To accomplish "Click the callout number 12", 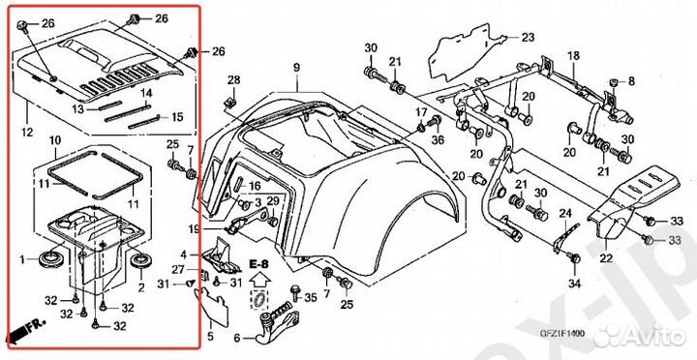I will tap(26, 131).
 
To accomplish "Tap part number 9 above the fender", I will tap(298, 66).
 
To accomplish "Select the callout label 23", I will tap(527, 38).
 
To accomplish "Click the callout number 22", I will tap(605, 258).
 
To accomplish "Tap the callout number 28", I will tap(233, 78).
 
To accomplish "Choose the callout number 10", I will tap(56, 140).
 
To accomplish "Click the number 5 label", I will tap(207, 337).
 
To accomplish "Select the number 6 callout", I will tap(236, 338).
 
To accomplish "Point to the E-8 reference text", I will tap(258, 263).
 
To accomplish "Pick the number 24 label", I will tap(566, 214).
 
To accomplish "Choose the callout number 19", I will tap(194, 228).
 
